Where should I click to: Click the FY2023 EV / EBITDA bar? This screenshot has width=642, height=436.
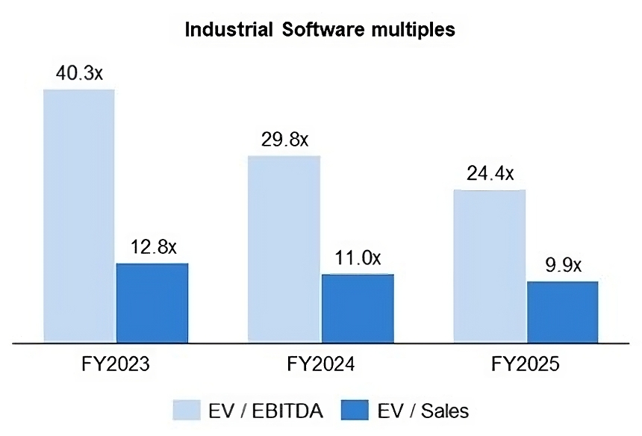78,217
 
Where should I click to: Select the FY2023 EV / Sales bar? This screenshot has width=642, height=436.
152,303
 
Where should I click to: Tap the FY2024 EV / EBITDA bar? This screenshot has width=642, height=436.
284,249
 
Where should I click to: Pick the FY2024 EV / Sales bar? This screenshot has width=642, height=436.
358,308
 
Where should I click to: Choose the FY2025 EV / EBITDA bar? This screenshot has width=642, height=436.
490,267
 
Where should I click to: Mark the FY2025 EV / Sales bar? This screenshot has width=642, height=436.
563,312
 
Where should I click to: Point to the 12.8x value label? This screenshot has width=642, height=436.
152,247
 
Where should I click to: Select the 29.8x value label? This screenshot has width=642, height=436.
284,140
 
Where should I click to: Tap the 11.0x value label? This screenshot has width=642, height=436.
357,258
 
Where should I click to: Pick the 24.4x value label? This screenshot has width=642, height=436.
489,173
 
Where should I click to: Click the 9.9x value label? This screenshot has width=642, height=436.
562,266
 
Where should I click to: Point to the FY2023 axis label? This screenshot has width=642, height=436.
116,365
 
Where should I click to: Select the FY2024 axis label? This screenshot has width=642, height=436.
321,365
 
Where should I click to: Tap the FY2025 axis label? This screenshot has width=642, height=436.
526,365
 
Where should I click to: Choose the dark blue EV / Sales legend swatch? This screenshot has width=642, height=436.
359,409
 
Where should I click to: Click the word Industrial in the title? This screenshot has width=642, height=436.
228,30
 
